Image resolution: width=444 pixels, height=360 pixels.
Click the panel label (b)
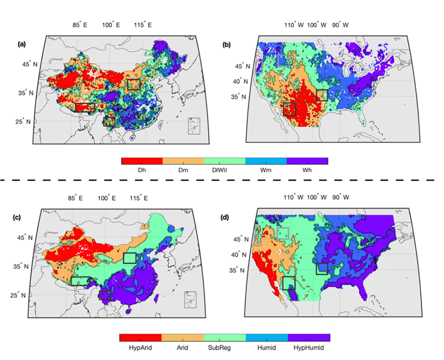click(227, 44)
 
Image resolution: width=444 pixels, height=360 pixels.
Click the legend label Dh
click(141, 170)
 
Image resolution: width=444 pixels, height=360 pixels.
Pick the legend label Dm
click(183, 170)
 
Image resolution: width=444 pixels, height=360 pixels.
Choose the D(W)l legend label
click(224, 170)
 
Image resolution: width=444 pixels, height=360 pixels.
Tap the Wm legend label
click(266, 170)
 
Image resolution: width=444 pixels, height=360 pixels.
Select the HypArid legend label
click(140, 348)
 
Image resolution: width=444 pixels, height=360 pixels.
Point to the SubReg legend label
click(224, 348)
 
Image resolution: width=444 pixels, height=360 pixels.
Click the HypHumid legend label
click(308, 348)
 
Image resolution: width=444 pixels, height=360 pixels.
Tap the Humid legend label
click(266, 348)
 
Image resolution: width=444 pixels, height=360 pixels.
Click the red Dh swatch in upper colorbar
click(142, 161)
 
